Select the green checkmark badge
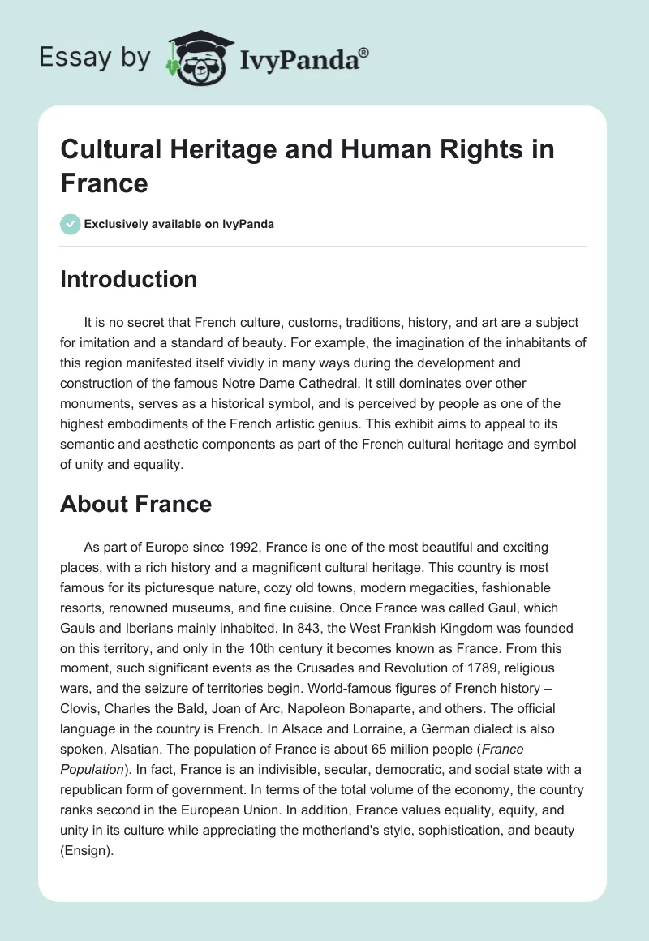[x=71, y=224]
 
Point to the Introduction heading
[x=128, y=279]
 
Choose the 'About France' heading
[x=135, y=504]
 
